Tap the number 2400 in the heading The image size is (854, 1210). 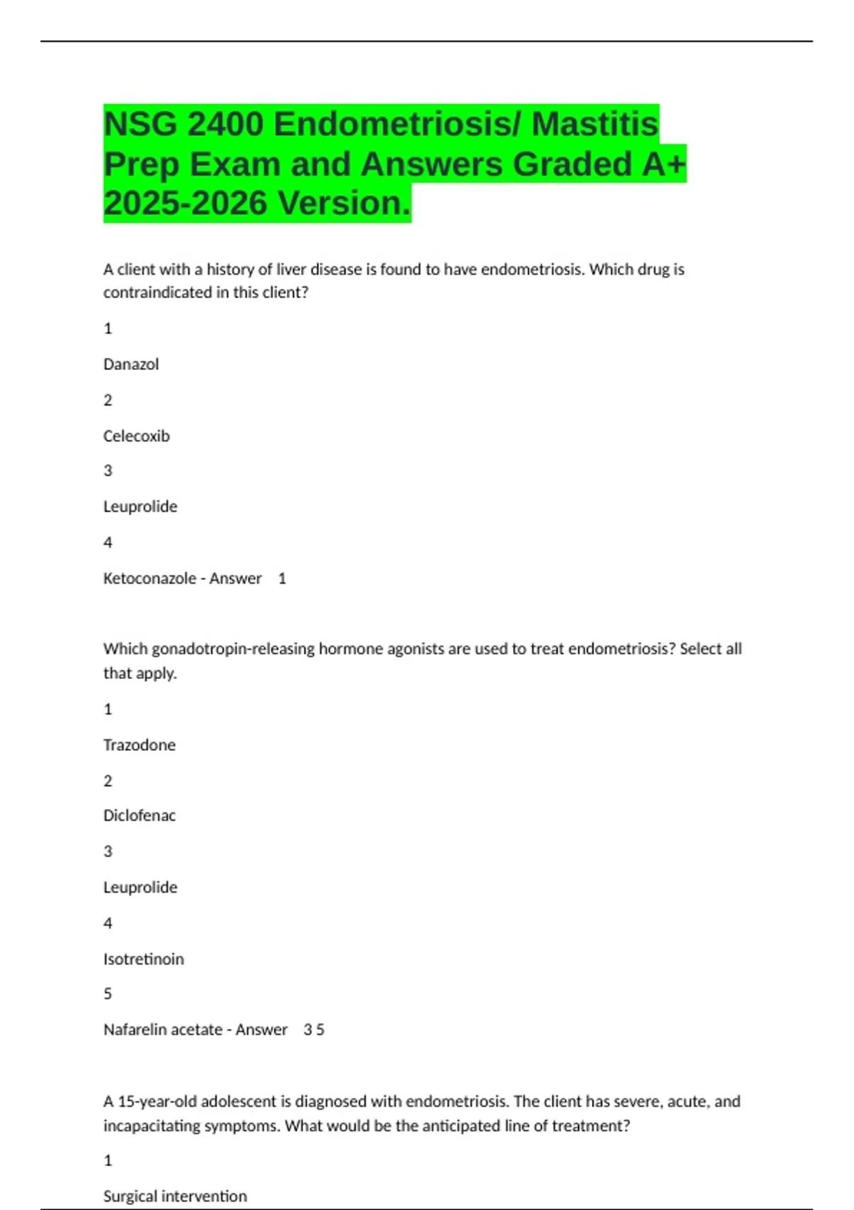pyautogui.click(x=225, y=125)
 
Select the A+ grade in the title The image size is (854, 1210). pyautogui.click(x=664, y=164)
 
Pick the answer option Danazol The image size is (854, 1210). pyautogui.click(x=131, y=364)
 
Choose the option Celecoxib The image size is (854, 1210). pyautogui.click(x=137, y=436)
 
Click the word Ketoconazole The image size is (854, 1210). pyautogui.click(x=149, y=579)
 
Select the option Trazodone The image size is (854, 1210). pyautogui.click(x=139, y=745)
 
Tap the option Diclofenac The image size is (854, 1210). pyautogui.click(x=139, y=816)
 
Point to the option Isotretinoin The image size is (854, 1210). pyautogui.click(x=144, y=959)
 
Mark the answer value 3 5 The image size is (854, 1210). pyautogui.click(x=314, y=1030)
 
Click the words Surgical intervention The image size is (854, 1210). pyautogui.click(x=175, y=1196)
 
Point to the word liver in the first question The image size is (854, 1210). pyautogui.click(x=290, y=270)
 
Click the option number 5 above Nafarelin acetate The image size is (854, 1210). pyautogui.click(x=108, y=994)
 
